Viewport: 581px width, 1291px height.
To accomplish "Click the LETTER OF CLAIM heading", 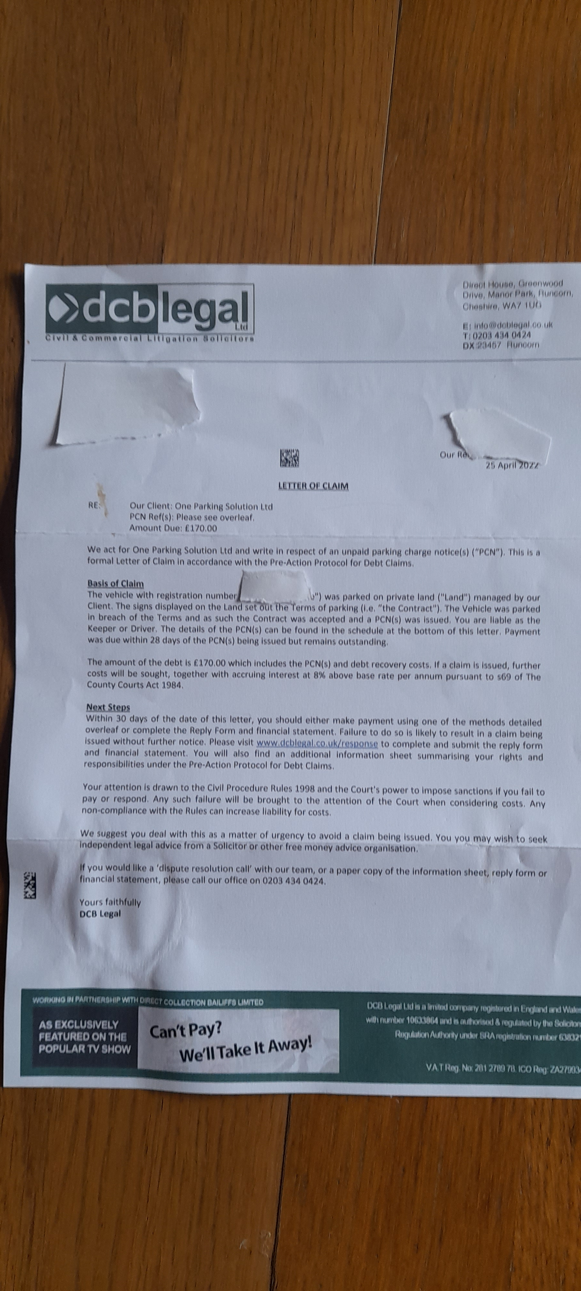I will [x=313, y=486].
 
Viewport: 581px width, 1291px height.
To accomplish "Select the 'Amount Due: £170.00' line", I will [x=173, y=528].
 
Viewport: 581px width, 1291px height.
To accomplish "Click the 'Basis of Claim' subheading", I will [x=115, y=583].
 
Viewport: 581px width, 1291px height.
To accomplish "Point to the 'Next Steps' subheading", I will [x=108, y=707].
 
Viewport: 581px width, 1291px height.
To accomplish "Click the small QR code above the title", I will [x=289, y=458].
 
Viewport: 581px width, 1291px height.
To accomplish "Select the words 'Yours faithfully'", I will [x=110, y=902].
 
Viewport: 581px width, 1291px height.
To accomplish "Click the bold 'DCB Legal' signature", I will [x=100, y=913].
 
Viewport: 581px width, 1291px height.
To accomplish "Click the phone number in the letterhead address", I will [x=501, y=335].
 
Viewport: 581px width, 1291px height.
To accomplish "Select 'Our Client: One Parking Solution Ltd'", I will [x=200, y=506].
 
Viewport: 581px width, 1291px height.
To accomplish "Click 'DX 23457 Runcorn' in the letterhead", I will [x=501, y=345].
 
